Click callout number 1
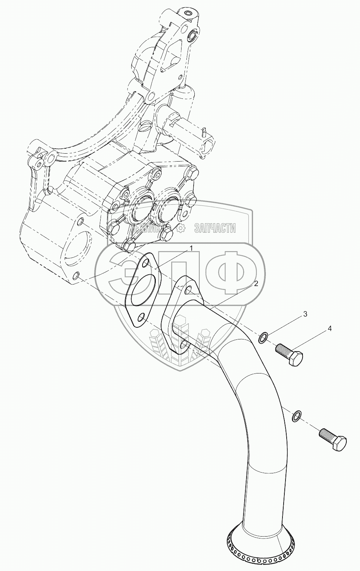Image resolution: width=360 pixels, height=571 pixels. click(191, 248)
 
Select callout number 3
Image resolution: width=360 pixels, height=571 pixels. click(305, 314)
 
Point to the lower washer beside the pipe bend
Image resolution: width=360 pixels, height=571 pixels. click(297, 415)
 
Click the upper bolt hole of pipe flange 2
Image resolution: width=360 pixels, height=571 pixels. click(188, 291)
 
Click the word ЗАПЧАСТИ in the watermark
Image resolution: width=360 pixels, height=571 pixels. click(215, 228)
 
